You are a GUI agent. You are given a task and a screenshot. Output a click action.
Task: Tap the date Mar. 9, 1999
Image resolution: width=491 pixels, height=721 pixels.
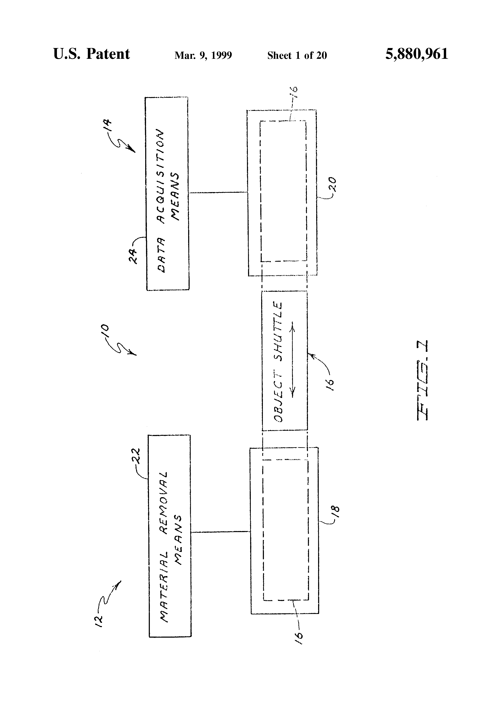(203, 55)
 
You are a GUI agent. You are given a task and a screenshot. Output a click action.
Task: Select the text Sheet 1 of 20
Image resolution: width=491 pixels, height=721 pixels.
(297, 55)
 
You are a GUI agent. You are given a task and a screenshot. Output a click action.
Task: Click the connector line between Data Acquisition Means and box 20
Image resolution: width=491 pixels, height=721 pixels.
(218, 192)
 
